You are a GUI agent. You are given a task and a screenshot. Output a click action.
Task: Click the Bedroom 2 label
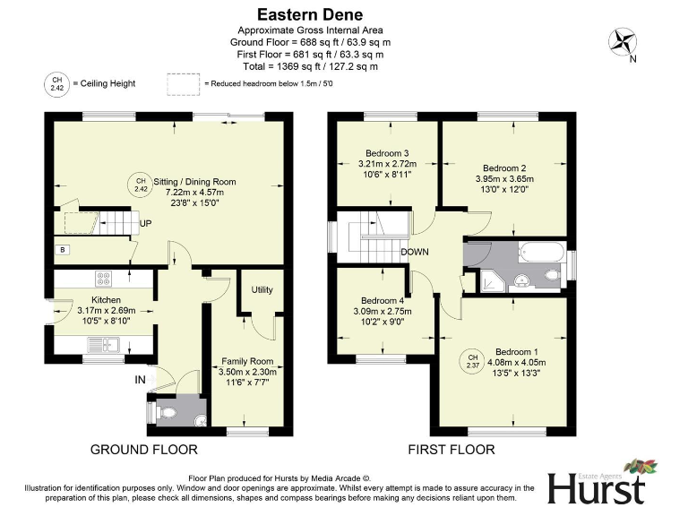(504, 168)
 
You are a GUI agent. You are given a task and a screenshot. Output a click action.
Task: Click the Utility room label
(262, 290)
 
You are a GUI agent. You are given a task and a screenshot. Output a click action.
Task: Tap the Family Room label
(247, 362)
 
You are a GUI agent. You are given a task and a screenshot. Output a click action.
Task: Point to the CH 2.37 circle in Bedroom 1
(471, 361)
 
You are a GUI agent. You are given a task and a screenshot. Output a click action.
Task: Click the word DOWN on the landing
(415, 252)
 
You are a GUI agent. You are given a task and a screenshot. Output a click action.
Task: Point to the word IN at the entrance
(140, 381)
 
